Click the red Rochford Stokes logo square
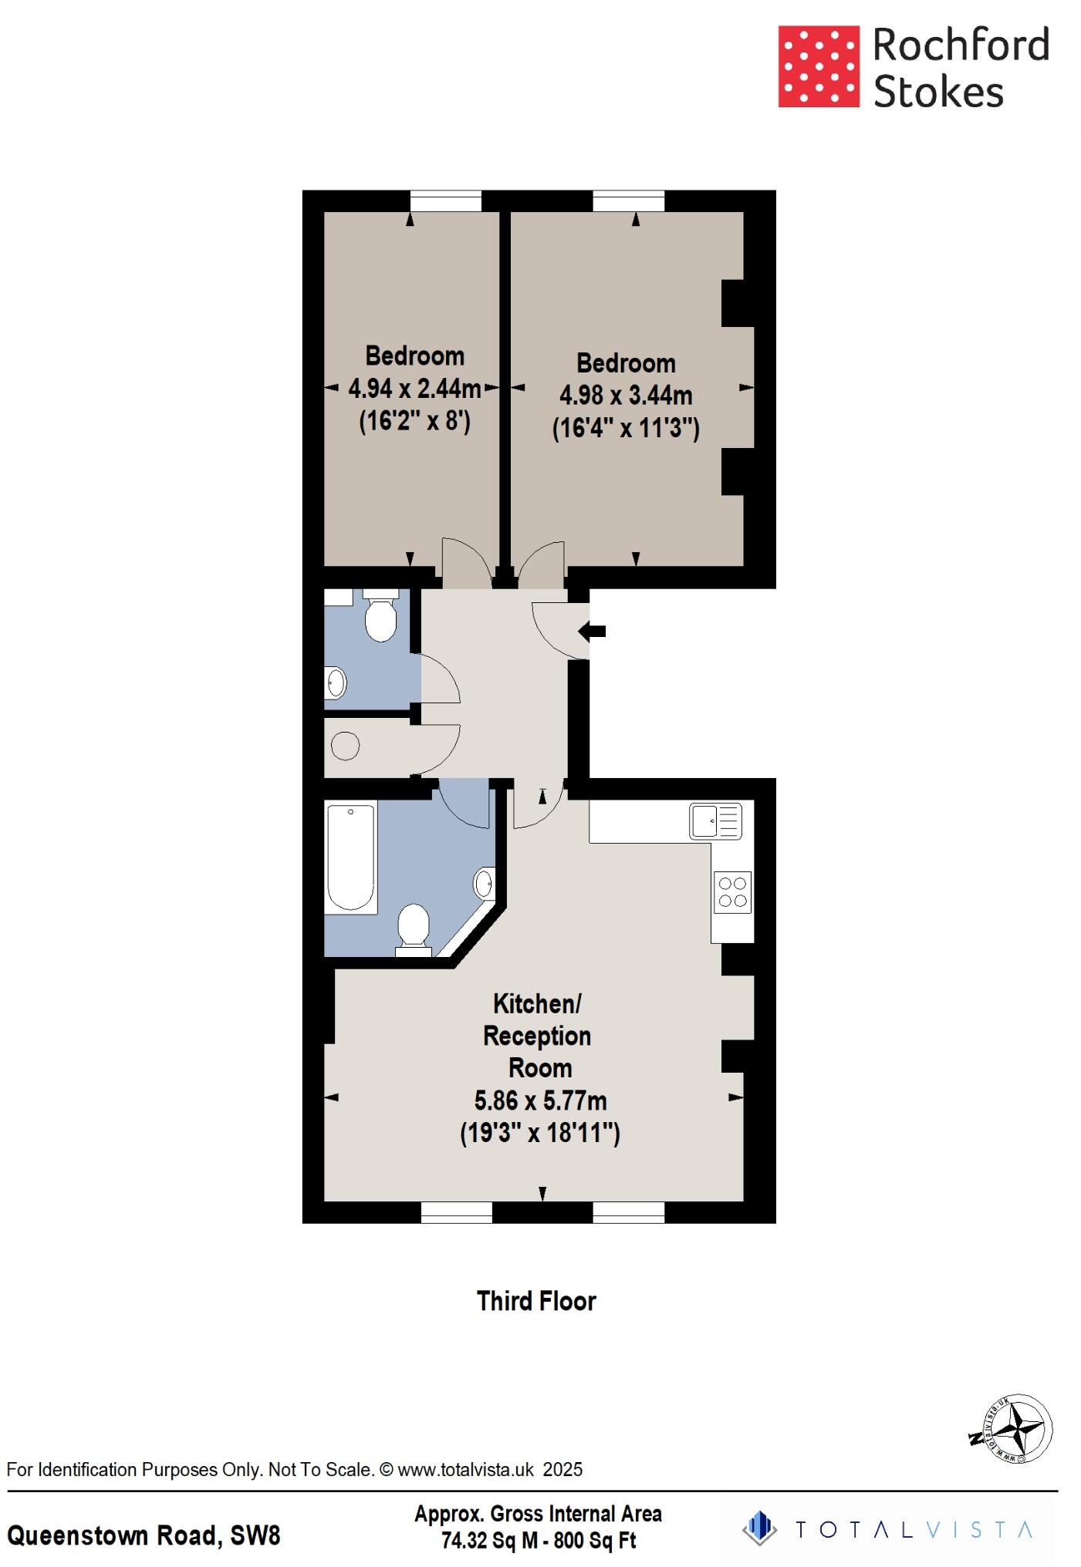pos(818,66)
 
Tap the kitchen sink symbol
pos(715,821)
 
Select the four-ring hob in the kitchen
pos(732,892)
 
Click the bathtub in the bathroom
pos(351,858)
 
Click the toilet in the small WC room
pos(380,617)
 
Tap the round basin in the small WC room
pos(336,682)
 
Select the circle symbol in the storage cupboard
pos(345,746)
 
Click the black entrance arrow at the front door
pos(593,632)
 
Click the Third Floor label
pos(536,1301)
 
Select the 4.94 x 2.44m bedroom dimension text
pos(414,388)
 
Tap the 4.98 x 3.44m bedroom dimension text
pos(626,396)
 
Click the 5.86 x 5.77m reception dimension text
pos(540,1100)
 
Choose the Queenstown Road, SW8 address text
pos(144,1535)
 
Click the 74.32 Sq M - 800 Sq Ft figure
pos(539,1541)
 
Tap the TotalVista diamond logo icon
pos(760,1528)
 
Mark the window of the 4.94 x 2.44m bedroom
pos(445,201)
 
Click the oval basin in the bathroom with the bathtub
pos(484,884)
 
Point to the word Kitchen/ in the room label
pos(537,1004)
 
